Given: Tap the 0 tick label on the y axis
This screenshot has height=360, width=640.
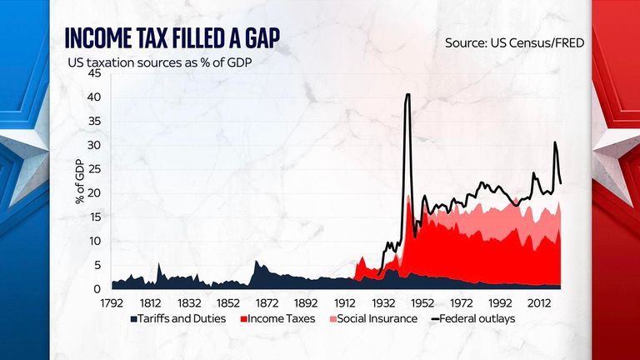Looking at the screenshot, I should (97, 289).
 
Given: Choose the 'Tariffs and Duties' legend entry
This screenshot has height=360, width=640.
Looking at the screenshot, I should (177, 319).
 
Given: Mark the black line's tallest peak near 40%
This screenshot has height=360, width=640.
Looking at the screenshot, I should (407, 94).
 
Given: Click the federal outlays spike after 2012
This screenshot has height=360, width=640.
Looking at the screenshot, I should (555, 142).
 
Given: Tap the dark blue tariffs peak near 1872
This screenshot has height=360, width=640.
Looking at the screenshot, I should (256, 262).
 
